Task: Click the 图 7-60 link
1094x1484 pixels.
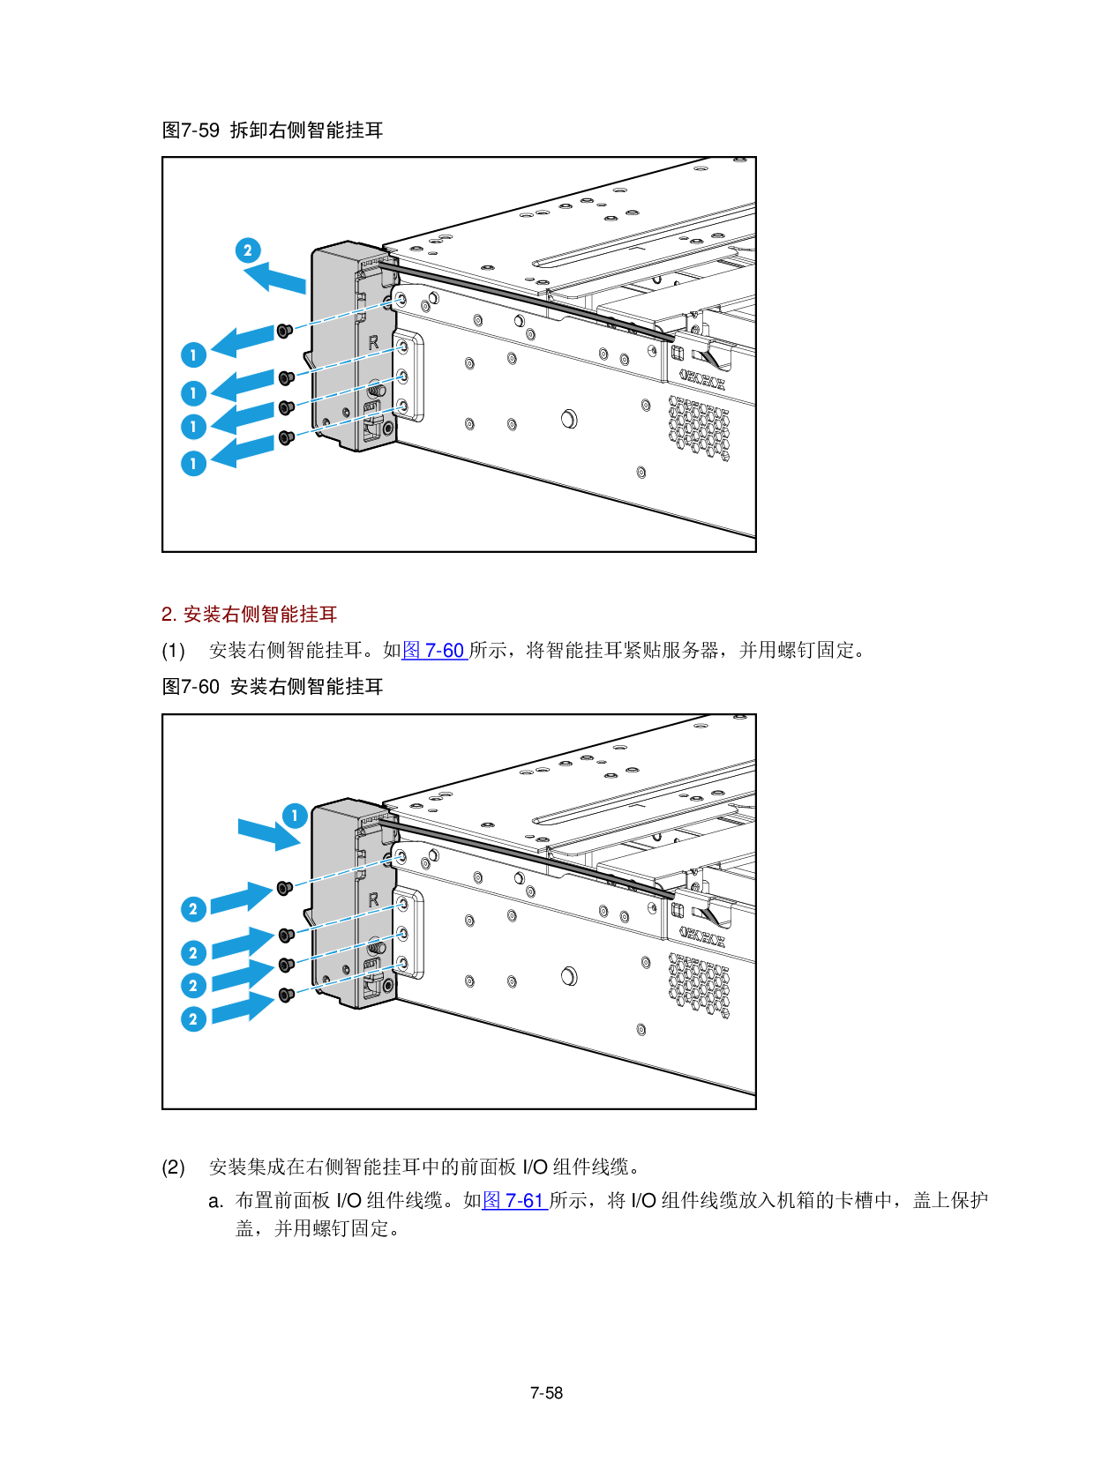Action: coord(433,651)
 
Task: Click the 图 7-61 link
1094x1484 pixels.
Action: coord(514,1201)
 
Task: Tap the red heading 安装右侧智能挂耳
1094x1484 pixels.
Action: coord(259,615)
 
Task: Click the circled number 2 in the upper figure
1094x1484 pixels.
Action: coord(248,250)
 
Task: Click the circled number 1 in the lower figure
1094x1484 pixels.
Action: coord(295,816)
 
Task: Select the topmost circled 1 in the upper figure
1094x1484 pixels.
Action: coord(193,354)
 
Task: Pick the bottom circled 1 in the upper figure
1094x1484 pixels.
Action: coord(193,464)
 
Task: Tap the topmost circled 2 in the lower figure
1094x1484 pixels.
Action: coord(193,909)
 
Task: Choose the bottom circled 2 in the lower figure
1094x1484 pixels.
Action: coord(193,1019)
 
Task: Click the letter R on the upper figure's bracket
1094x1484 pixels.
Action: coord(373,342)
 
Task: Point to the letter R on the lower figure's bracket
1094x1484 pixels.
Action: coord(373,899)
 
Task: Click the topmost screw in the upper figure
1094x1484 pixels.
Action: coord(284,331)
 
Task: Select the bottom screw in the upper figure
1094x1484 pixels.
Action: coord(286,437)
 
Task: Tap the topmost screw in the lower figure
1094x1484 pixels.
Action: coord(284,888)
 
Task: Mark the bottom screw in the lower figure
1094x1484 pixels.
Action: coord(286,995)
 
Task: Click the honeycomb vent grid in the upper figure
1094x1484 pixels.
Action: coord(700,428)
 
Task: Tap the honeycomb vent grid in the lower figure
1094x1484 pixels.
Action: coord(700,985)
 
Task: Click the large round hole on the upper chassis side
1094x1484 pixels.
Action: coord(569,418)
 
